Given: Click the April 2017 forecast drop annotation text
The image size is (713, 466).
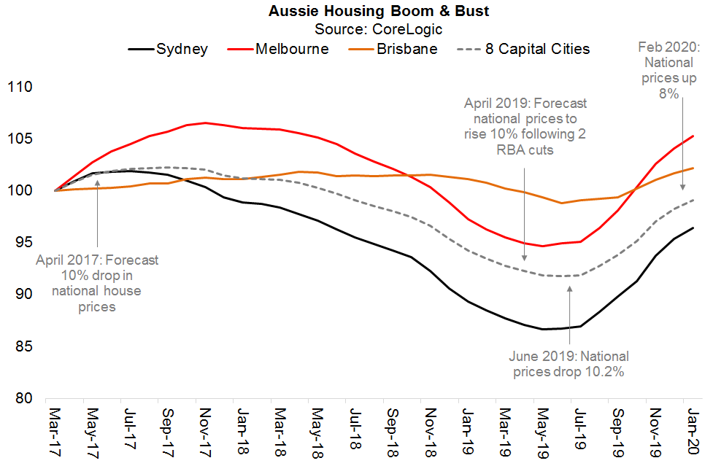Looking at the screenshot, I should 97,284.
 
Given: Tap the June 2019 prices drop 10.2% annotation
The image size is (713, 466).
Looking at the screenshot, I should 569,364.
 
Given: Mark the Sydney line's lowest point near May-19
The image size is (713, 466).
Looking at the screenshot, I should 544,329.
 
